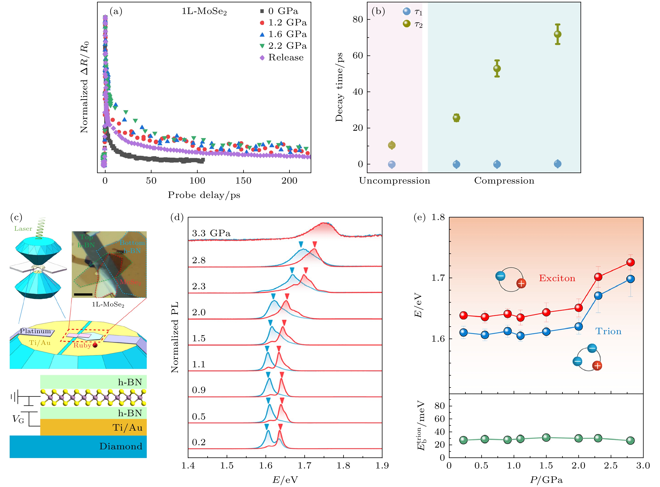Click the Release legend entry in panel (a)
click(x=285, y=58)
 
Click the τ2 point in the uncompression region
click(x=392, y=145)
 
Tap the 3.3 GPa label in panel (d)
click(x=211, y=233)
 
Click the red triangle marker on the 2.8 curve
click(x=315, y=244)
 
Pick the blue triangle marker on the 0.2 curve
click(x=267, y=426)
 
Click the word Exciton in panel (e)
click(x=557, y=278)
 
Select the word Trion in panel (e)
click(x=608, y=331)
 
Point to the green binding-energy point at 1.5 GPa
click(x=546, y=438)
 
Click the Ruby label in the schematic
click(x=82, y=345)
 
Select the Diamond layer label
click(x=121, y=446)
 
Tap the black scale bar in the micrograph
click(x=83, y=294)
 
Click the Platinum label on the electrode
click(x=35, y=331)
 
